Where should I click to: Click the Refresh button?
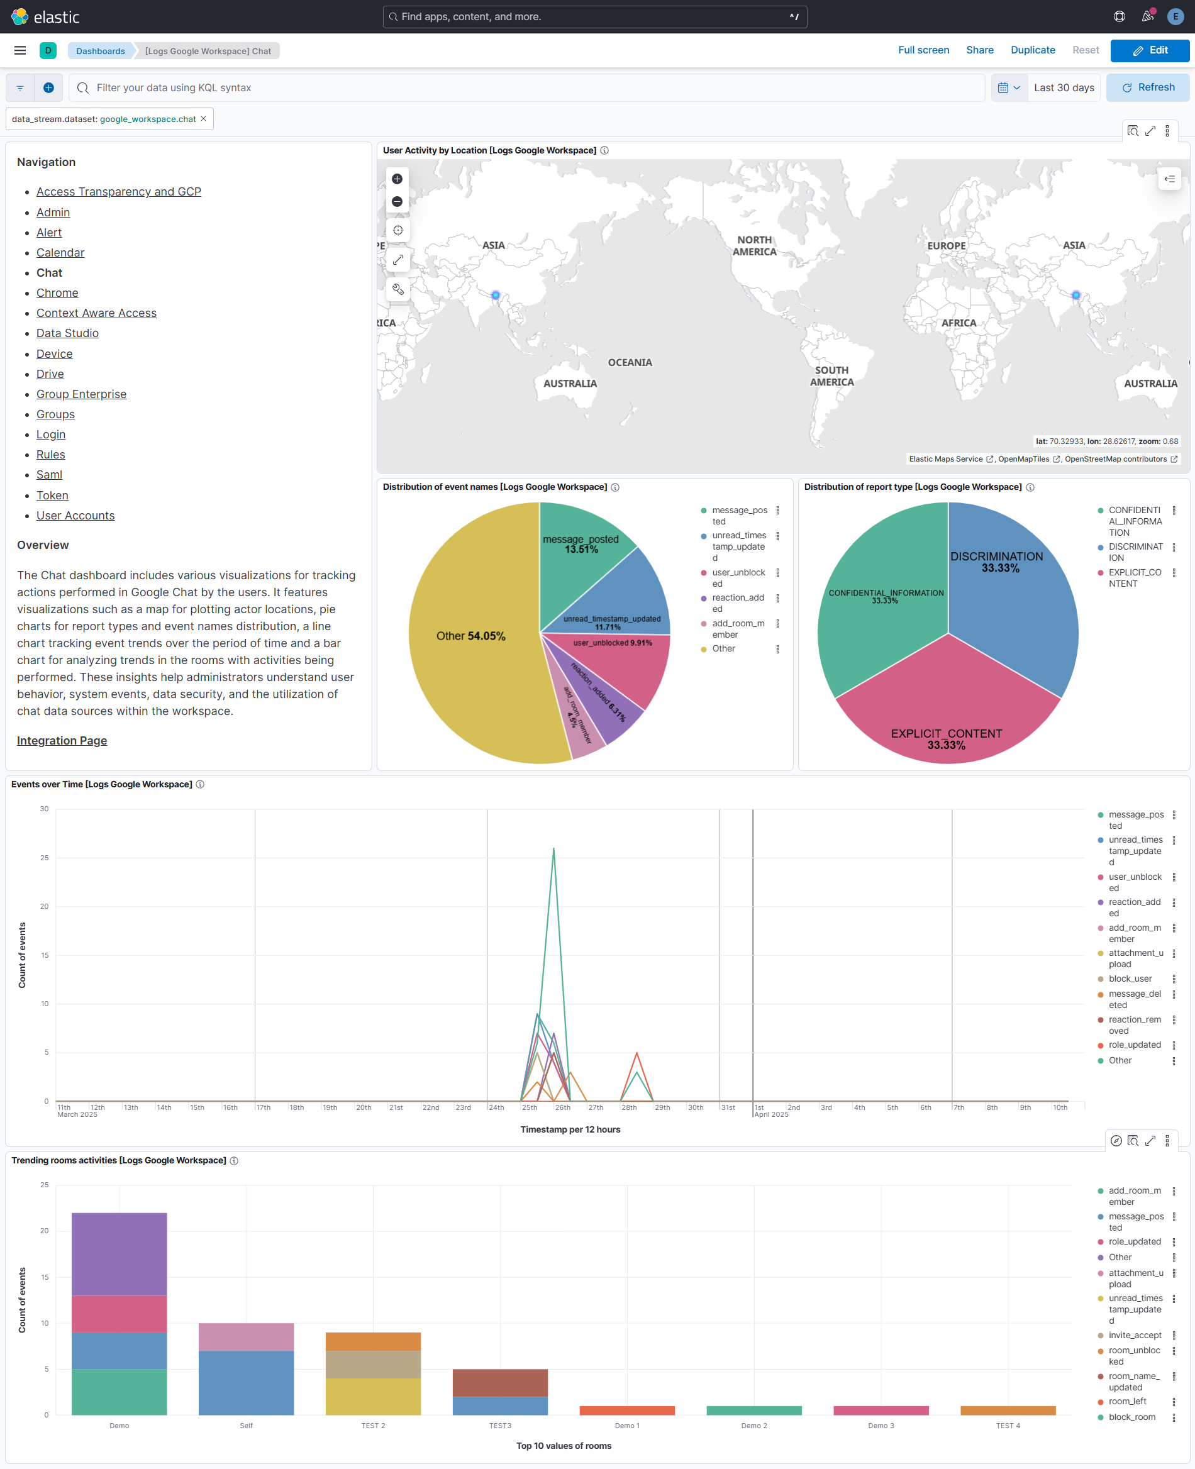[1147, 87]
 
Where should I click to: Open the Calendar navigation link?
[60, 253]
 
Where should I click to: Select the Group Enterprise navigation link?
[81, 394]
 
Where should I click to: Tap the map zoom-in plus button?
[397, 179]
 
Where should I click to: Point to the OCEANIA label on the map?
[629, 363]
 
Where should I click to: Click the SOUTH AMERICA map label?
[831, 376]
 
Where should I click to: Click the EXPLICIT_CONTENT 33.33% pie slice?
[947, 716]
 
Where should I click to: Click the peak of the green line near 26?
[553, 849]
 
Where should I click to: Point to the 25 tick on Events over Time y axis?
[45, 858]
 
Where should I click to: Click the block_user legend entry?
[1130, 979]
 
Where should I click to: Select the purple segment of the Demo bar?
[119, 1254]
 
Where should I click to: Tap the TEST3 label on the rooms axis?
[500, 1426]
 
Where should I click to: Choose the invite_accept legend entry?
[1135, 1336]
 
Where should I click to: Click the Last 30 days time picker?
[1064, 87]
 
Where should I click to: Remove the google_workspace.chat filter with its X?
[204, 118]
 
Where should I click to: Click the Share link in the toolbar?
[979, 50]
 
